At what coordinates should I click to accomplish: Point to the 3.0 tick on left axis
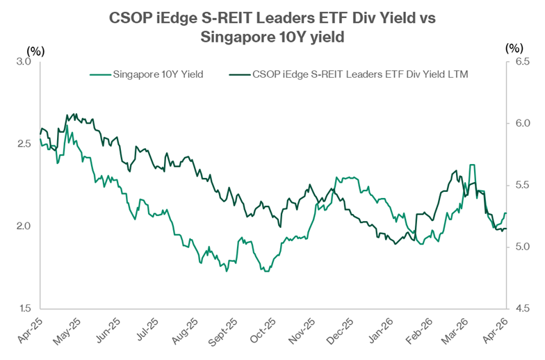pos(25,62)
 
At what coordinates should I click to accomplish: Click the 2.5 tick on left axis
pos(25,144)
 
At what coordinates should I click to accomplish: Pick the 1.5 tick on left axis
pos(25,308)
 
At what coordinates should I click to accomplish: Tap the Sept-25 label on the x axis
pos(224,332)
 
